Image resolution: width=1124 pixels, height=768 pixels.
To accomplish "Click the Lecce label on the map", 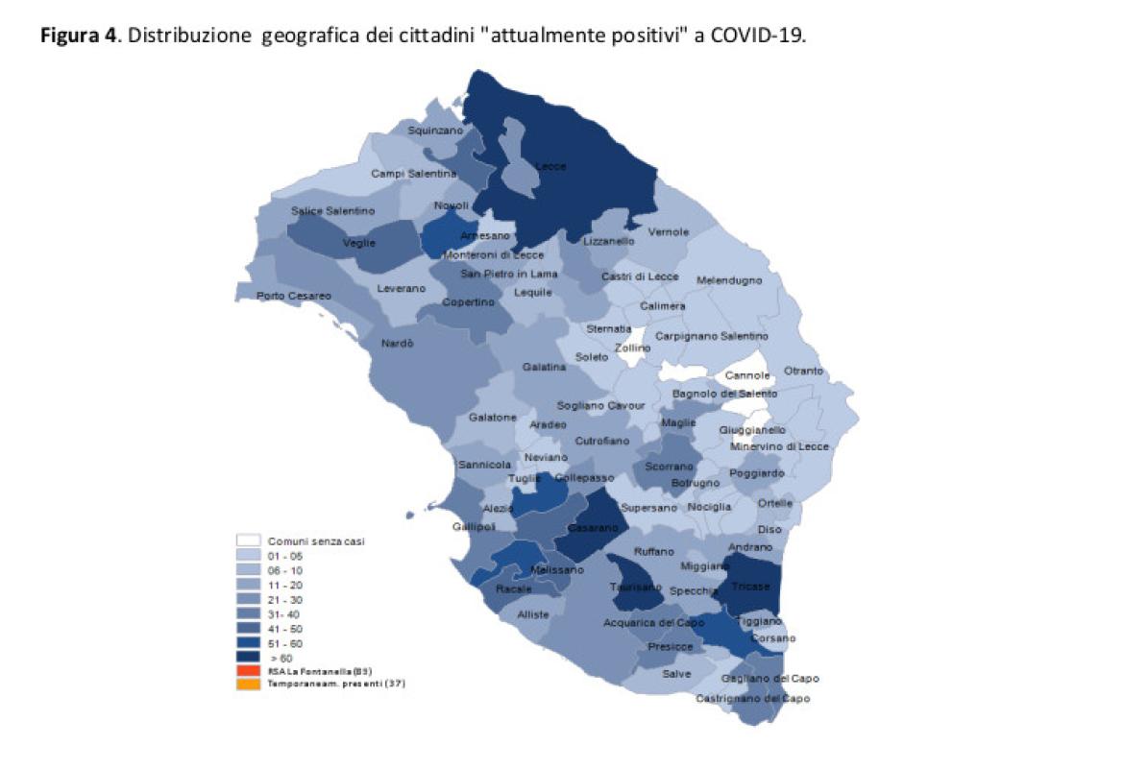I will [550, 166].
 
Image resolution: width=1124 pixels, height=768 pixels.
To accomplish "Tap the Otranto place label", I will [803, 371].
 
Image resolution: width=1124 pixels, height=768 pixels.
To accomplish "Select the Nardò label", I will [398, 344].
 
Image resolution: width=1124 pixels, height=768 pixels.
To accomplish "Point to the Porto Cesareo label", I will [294, 296].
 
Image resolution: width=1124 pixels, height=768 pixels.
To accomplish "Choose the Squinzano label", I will [435, 130].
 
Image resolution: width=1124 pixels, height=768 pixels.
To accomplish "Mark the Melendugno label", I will [729, 280].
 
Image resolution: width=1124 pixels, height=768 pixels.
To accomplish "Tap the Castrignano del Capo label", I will [753, 699].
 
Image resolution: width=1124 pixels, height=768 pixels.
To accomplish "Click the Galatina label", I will [544, 368].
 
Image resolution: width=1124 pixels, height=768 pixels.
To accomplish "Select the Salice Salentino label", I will [332, 210].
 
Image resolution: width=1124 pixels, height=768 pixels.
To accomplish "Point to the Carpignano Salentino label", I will [712, 336].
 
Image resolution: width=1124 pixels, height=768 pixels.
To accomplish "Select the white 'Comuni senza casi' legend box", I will [250, 540].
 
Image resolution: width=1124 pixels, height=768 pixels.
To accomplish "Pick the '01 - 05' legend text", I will [284, 555].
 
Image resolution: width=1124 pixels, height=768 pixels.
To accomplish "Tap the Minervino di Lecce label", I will [778, 446].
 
